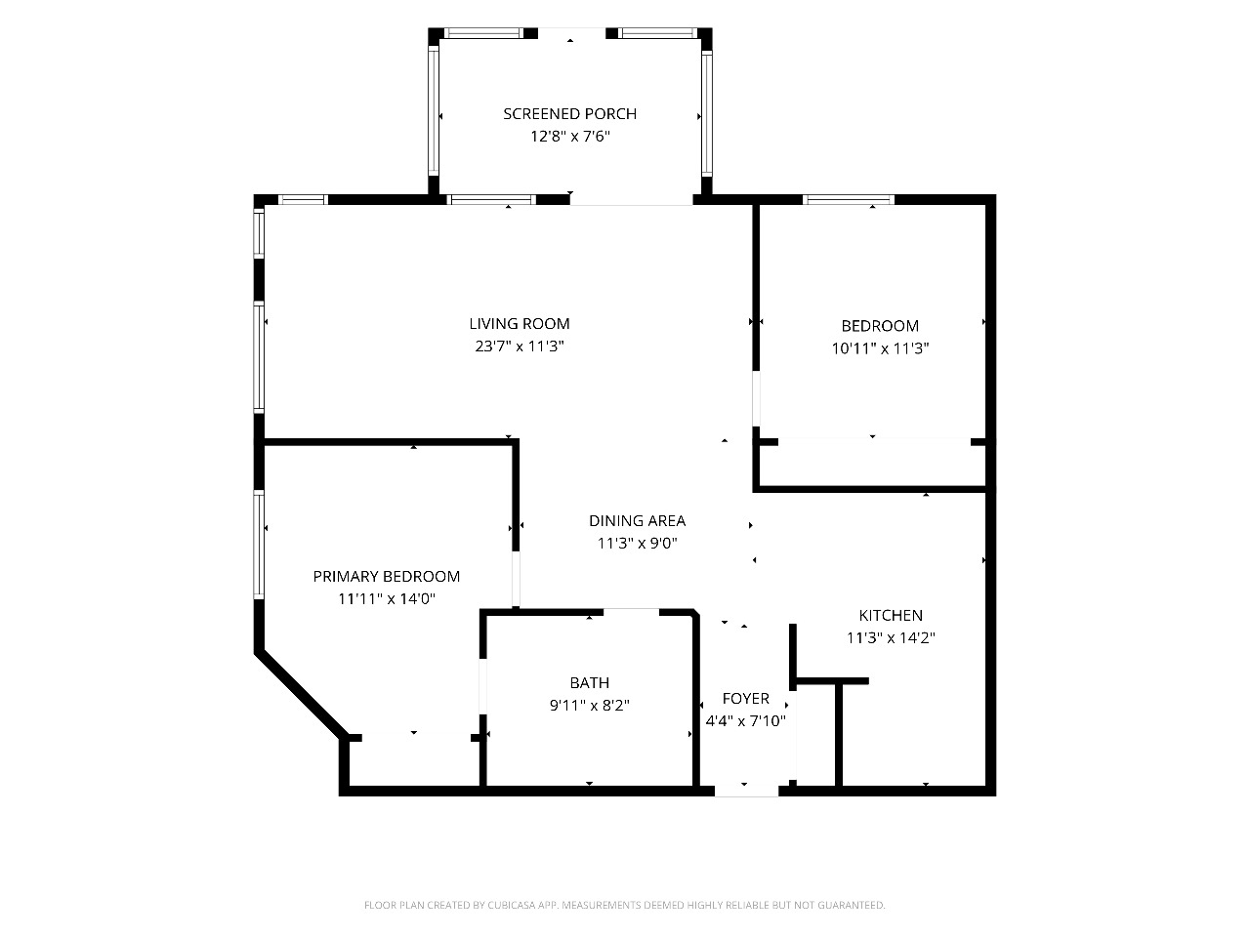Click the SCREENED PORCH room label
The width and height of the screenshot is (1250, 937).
point(569,114)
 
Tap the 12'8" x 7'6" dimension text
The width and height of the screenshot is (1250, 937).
point(570,137)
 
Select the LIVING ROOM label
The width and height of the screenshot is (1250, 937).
point(520,324)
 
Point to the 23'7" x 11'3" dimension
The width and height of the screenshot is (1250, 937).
point(520,346)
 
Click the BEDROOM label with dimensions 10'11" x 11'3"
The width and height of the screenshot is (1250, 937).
point(880,326)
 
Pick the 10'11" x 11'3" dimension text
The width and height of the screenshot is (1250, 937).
point(880,348)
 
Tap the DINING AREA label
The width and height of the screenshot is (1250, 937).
point(638,520)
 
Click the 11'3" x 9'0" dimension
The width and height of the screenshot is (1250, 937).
point(638,544)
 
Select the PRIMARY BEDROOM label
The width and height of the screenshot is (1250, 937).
point(386,576)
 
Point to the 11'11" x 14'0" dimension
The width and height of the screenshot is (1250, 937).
point(387,599)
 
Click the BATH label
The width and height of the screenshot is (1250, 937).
point(590,682)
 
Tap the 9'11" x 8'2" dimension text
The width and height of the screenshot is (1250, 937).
point(590,706)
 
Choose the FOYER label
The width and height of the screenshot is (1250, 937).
point(745,699)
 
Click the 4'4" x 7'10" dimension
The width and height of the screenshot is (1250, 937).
point(745,721)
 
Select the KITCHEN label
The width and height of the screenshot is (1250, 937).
point(891,616)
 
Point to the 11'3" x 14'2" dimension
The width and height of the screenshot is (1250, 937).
point(891,637)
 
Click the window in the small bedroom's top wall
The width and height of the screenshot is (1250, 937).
point(849,200)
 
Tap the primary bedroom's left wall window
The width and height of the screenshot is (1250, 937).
point(259,545)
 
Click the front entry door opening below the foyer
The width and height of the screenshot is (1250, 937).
point(746,791)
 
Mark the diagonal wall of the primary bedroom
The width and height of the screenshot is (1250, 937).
point(301,694)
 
